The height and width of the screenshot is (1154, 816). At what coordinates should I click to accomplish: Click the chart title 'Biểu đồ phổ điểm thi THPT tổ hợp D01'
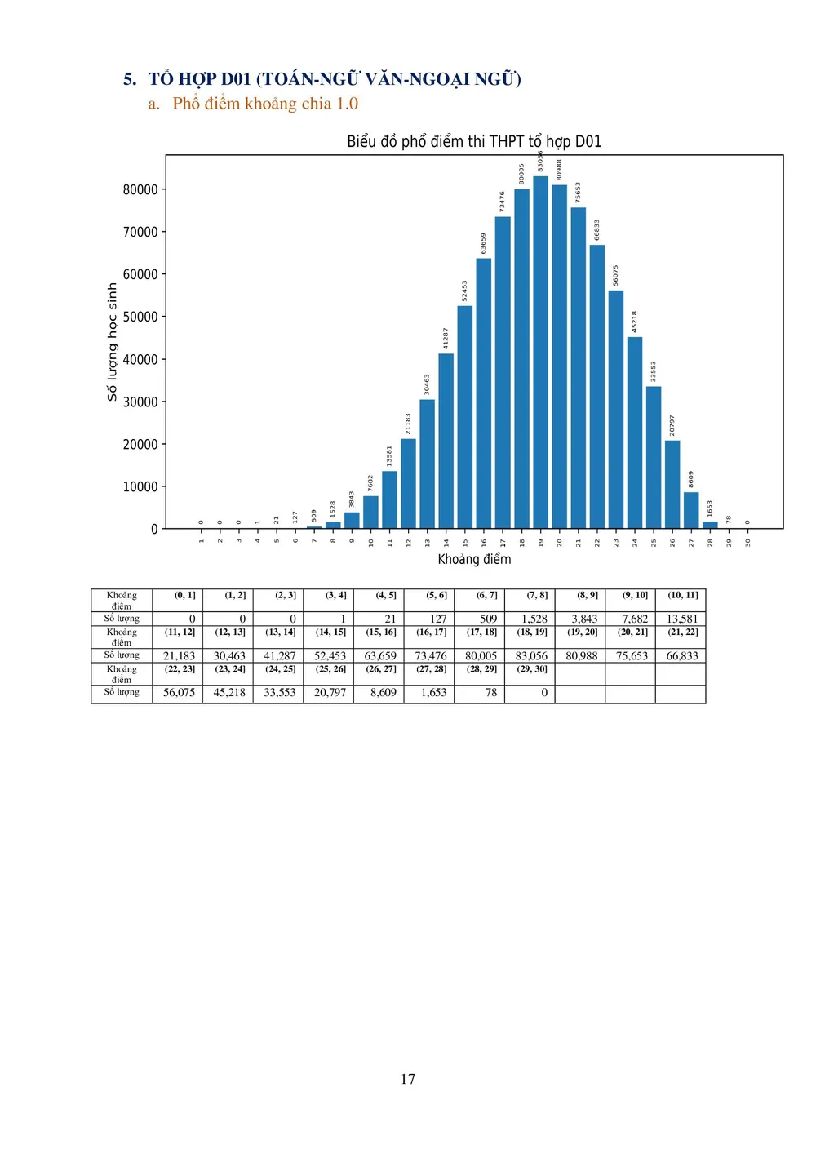[x=474, y=141]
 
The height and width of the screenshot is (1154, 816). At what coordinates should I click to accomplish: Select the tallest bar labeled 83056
[x=540, y=351]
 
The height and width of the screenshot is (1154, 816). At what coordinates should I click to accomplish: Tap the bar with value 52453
[x=465, y=416]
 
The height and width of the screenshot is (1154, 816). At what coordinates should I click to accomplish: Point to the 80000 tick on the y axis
[x=140, y=189]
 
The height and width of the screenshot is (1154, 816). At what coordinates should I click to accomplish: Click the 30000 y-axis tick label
[x=140, y=402]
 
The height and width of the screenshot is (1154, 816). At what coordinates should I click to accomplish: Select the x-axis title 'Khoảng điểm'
[x=474, y=559]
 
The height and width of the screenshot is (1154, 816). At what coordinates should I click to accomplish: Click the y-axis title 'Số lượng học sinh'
[x=113, y=342]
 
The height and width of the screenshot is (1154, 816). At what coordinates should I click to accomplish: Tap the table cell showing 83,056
[x=531, y=656]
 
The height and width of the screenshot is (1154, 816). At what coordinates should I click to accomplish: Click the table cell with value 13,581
[x=682, y=619]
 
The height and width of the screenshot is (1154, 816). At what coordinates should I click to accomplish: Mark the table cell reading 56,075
[x=179, y=693]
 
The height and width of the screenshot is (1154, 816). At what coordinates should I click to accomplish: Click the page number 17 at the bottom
[x=408, y=1079]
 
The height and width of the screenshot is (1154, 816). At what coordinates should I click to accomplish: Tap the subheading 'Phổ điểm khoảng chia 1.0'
[x=265, y=104]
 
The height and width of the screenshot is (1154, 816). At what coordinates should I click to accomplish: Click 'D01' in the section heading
[x=236, y=79]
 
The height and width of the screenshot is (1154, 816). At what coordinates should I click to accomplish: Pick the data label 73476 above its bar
[x=502, y=202]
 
